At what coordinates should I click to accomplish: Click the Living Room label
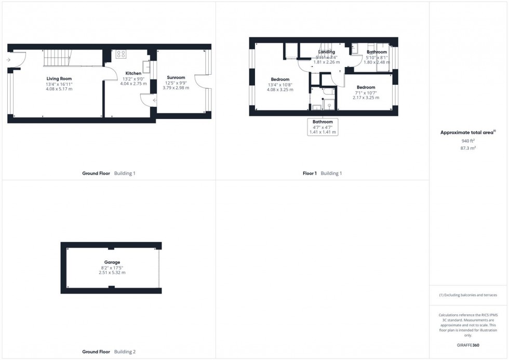[x=59, y=78]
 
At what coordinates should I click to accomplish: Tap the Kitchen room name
[x=133, y=73]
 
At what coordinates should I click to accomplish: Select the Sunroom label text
[x=176, y=77]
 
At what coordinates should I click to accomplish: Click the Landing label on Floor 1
[x=327, y=52]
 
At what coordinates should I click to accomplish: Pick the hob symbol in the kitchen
[x=121, y=54]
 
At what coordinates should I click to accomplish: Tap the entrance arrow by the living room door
[x=9, y=60]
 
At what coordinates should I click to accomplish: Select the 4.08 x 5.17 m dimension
[x=59, y=89]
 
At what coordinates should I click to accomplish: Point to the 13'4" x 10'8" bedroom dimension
[x=280, y=85]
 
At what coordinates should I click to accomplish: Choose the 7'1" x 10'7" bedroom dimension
[x=366, y=92]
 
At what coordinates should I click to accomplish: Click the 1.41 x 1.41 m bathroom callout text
[x=323, y=132]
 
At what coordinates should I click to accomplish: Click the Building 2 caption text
[x=125, y=352]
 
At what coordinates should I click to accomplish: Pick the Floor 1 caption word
[x=310, y=174]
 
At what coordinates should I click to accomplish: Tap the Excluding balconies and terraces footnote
[x=468, y=295]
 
